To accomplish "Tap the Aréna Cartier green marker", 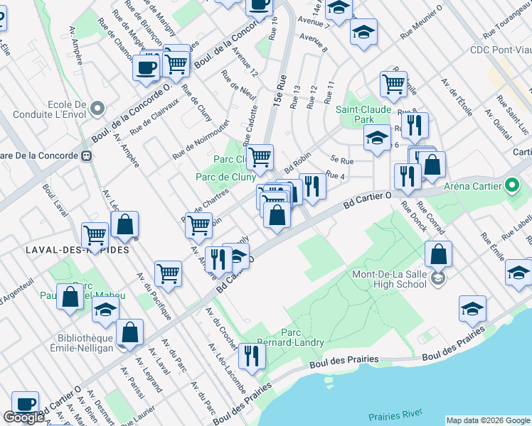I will [511, 187].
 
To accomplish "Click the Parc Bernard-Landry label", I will [302, 337].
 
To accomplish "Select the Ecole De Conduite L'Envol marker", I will [97, 109].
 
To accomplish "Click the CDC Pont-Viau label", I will [500, 50].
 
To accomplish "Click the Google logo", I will [23, 417].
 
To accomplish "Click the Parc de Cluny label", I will [225, 177].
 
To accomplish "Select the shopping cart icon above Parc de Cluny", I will [260, 156].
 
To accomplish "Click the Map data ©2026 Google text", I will [487, 420].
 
